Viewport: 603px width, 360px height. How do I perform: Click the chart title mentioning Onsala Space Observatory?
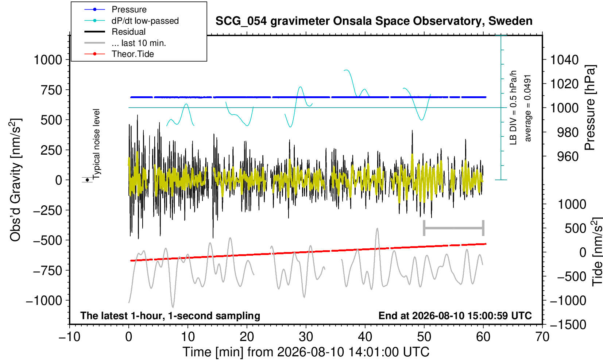pos(374,21)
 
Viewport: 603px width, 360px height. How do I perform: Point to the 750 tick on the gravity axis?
pos(51,90)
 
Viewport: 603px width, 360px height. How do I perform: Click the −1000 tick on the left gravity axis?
pos(44,300)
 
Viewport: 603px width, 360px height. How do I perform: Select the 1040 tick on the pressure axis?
pos(564,59)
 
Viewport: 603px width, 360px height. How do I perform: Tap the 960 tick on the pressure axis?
pos(568,156)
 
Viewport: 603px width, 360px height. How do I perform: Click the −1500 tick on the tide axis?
pos(568,325)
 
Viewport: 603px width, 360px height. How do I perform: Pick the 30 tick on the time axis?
pos(306,337)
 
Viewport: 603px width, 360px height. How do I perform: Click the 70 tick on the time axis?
pos(542,337)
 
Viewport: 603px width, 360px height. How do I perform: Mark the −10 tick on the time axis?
pos(70,337)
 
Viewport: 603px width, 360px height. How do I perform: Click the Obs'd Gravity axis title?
pos(15,180)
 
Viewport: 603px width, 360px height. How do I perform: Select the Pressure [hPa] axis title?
pos(590,108)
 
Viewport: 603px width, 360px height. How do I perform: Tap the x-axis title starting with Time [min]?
pos(306,352)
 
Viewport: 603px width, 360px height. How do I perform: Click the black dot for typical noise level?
pos(87,180)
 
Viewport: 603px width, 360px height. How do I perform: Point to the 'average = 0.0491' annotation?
pos(527,108)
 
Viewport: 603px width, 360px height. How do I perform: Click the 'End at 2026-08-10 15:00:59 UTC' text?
pos(455,316)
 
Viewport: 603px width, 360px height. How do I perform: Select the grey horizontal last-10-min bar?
pos(454,228)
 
